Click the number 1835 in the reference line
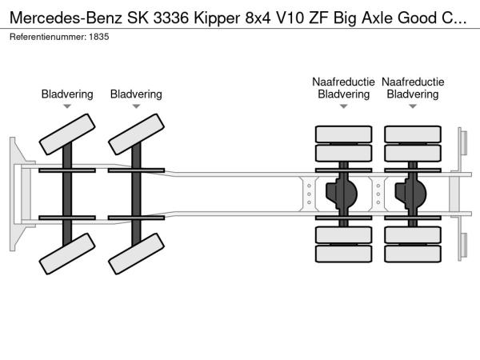pyautogui.click(x=98, y=38)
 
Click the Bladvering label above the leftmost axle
pyautogui.click(x=67, y=94)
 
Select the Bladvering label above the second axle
pyautogui.click(x=136, y=94)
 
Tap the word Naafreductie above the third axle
pyautogui.click(x=343, y=82)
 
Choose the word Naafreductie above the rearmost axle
pyautogui.click(x=413, y=82)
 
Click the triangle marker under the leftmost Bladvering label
pyautogui.click(x=67, y=106)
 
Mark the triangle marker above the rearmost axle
pyautogui.click(x=413, y=106)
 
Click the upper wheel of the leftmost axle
pyautogui.click(x=68, y=133)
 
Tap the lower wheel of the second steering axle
pyautogui.click(x=136, y=254)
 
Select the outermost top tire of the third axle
pyautogui.click(x=343, y=134)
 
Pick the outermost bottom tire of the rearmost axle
pyautogui.click(x=413, y=254)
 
